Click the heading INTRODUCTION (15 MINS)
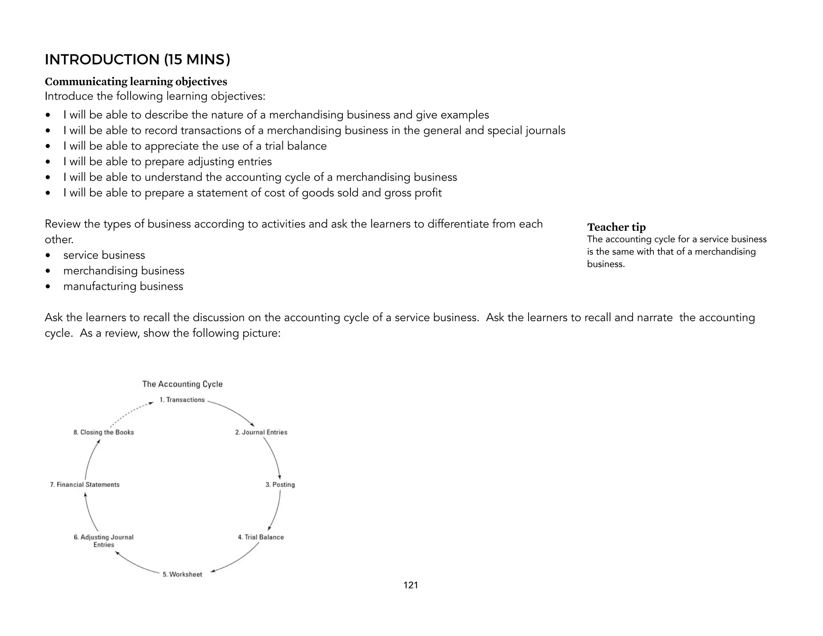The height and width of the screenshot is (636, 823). (137, 60)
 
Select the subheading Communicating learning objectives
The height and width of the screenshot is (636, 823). (136, 82)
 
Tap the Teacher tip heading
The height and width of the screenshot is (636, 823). (616, 227)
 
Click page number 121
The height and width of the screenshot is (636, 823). (411, 585)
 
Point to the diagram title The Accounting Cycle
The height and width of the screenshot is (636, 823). (182, 384)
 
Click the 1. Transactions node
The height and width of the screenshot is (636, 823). (182, 400)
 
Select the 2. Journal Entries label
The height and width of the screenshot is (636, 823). (261, 432)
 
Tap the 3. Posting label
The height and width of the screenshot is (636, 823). (280, 484)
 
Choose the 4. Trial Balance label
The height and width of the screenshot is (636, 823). (261, 537)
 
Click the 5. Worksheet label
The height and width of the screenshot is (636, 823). (182, 574)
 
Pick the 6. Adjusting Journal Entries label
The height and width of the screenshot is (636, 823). (104, 541)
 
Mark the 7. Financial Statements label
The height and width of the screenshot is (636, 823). (85, 484)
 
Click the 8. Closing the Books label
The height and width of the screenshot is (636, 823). (104, 432)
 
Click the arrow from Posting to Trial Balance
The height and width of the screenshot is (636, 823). (276, 511)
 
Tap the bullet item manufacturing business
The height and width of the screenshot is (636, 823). (123, 286)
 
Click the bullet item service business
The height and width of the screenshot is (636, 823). (104, 255)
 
